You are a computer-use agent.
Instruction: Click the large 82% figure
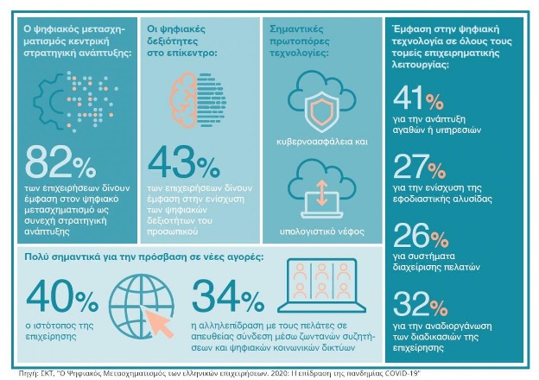click(x=60, y=161)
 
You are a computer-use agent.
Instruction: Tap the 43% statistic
click(x=184, y=161)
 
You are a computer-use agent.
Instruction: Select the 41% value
click(x=418, y=98)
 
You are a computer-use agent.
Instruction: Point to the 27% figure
click(x=420, y=167)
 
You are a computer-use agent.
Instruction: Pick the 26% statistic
click(x=421, y=236)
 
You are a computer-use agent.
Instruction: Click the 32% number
click(x=421, y=304)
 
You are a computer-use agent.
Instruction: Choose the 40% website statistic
click(x=62, y=296)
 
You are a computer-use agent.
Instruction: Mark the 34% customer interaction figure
click(x=228, y=296)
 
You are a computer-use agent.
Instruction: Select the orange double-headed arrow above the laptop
click(x=322, y=193)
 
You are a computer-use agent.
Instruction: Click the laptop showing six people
click(x=321, y=286)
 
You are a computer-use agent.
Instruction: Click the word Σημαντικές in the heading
click(x=296, y=28)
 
